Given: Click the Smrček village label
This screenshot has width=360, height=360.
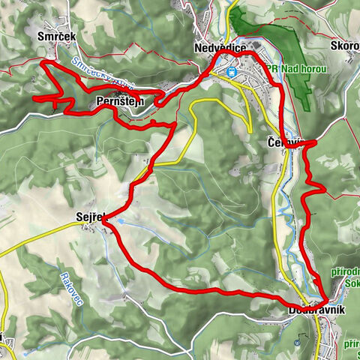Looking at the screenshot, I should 55,34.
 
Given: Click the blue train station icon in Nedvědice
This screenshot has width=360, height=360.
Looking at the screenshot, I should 232,73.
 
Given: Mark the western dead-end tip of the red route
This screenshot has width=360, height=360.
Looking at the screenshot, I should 35,98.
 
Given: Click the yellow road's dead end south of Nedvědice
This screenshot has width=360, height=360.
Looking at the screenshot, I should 250,132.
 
